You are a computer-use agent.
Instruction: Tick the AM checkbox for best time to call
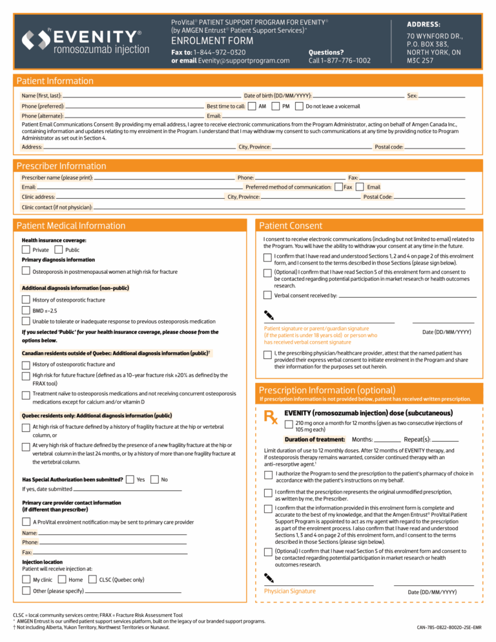(251, 106)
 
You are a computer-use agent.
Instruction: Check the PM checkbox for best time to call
(276, 106)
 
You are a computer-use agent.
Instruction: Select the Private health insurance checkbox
(26, 250)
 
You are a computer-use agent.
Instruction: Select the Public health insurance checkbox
(59, 250)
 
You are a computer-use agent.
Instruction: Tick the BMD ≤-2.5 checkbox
(26, 311)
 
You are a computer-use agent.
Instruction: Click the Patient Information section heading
(55, 81)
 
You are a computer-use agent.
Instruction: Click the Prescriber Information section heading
(61, 166)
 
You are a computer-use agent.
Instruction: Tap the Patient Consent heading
(291, 226)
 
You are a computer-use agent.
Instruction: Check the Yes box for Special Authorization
(130, 479)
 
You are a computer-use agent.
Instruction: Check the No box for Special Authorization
(154, 479)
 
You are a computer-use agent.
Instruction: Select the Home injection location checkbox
(63, 579)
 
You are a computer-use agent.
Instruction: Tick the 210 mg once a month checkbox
(289, 424)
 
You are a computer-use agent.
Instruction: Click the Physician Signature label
(290, 591)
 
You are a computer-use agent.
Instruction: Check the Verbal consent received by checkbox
(267, 295)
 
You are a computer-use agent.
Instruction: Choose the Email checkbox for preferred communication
(360, 187)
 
